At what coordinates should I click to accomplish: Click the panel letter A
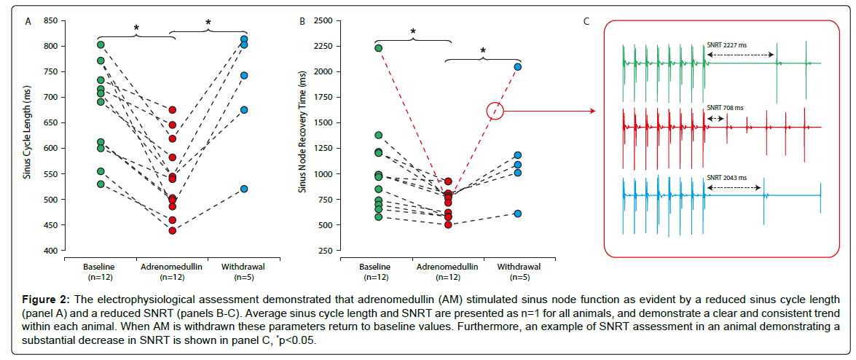[x=28, y=21]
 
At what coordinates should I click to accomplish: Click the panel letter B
[x=302, y=21]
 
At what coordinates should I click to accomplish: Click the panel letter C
[x=586, y=21]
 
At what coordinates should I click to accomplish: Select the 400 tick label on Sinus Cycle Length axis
[x=50, y=251]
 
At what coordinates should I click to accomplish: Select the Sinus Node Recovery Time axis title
[x=302, y=136]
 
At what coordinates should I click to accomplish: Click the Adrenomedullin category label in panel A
[x=172, y=267]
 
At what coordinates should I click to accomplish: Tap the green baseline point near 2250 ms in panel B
[x=378, y=48]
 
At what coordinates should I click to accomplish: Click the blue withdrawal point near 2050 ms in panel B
[x=518, y=67]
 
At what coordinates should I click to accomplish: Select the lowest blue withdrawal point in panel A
[x=244, y=189]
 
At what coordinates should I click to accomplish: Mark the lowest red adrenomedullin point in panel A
[x=173, y=230]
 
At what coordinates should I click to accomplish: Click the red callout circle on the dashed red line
[x=495, y=111]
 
